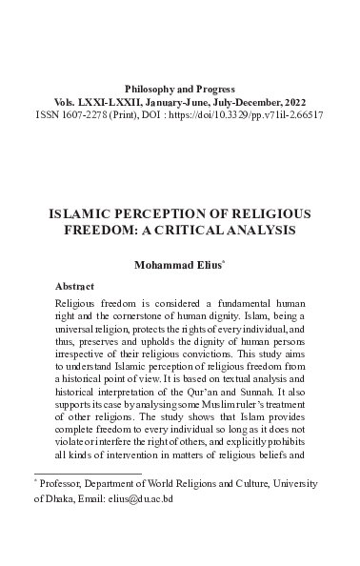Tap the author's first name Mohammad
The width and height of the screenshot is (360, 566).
click(x=159, y=267)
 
